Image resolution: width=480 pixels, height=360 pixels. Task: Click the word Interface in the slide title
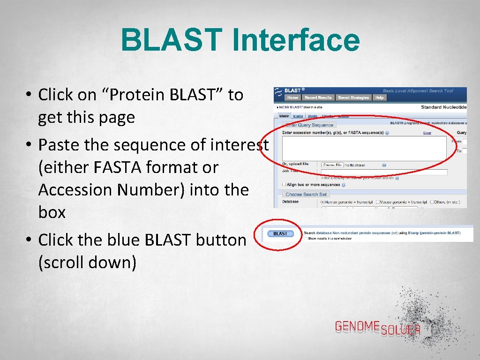(x=295, y=40)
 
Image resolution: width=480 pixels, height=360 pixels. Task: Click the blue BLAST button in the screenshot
(x=280, y=233)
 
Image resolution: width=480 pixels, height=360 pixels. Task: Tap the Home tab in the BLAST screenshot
(x=292, y=97)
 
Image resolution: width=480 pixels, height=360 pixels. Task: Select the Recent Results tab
(x=318, y=97)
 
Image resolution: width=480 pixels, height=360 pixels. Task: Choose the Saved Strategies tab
(x=353, y=97)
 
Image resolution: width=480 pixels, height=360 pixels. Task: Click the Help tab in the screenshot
(x=379, y=97)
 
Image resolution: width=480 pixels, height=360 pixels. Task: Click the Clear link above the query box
(x=427, y=133)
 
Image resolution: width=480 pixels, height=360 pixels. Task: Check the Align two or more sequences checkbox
(x=284, y=185)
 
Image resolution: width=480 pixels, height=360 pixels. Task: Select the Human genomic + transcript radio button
(x=323, y=202)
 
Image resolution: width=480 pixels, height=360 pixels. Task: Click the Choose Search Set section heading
(x=306, y=194)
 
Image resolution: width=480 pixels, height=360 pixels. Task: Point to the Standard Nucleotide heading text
(x=443, y=107)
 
